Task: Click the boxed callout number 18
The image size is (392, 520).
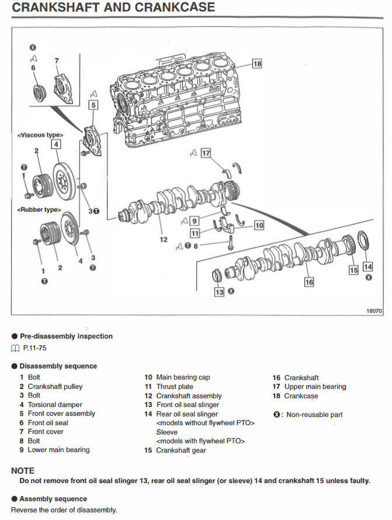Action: click(x=258, y=63)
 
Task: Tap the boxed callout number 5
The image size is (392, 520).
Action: click(x=93, y=105)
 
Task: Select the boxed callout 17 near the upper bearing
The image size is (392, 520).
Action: click(x=205, y=153)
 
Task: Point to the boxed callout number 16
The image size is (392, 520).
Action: click(x=309, y=282)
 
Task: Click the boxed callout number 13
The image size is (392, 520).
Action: click(x=219, y=291)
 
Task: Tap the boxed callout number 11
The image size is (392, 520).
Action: click(x=195, y=232)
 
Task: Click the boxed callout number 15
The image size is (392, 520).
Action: click(x=353, y=270)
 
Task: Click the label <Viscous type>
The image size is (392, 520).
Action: click(x=40, y=135)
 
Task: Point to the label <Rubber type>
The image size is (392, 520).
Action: click(x=39, y=209)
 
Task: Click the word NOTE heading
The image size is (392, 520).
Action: click(x=23, y=470)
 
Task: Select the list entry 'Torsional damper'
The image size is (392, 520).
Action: click(x=55, y=405)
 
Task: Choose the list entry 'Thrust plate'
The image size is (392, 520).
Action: click(x=175, y=387)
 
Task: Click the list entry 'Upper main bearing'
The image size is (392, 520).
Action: click(x=315, y=387)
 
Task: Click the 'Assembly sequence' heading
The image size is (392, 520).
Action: click(x=53, y=499)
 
